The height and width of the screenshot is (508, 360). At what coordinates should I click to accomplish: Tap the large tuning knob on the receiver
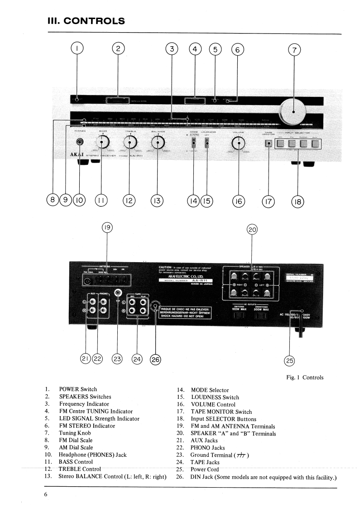pyautogui.click(x=293, y=111)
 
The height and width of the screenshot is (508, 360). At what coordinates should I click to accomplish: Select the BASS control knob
pyautogui.click(x=102, y=144)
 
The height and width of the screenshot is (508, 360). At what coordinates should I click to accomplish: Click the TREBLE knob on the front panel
pyautogui.click(x=130, y=144)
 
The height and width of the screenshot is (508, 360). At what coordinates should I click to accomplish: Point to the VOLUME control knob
pyautogui.click(x=238, y=144)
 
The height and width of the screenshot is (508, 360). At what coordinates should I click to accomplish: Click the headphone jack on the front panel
pyautogui.click(x=80, y=143)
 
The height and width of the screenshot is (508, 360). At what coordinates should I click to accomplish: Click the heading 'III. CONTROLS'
pyautogui.click(x=86, y=21)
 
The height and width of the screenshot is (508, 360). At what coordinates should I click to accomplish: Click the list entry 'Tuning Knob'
pyautogui.click(x=75, y=433)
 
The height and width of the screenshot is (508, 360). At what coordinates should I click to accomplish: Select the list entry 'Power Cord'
pyautogui.click(x=205, y=469)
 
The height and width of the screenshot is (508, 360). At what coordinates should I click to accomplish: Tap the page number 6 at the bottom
pyautogui.click(x=46, y=494)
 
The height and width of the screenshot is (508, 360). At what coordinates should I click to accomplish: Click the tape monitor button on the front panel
pyautogui.click(x=269, y=144)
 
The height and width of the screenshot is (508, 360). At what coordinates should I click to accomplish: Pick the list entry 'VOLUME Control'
pyautogui.click(x=213, y=404)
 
